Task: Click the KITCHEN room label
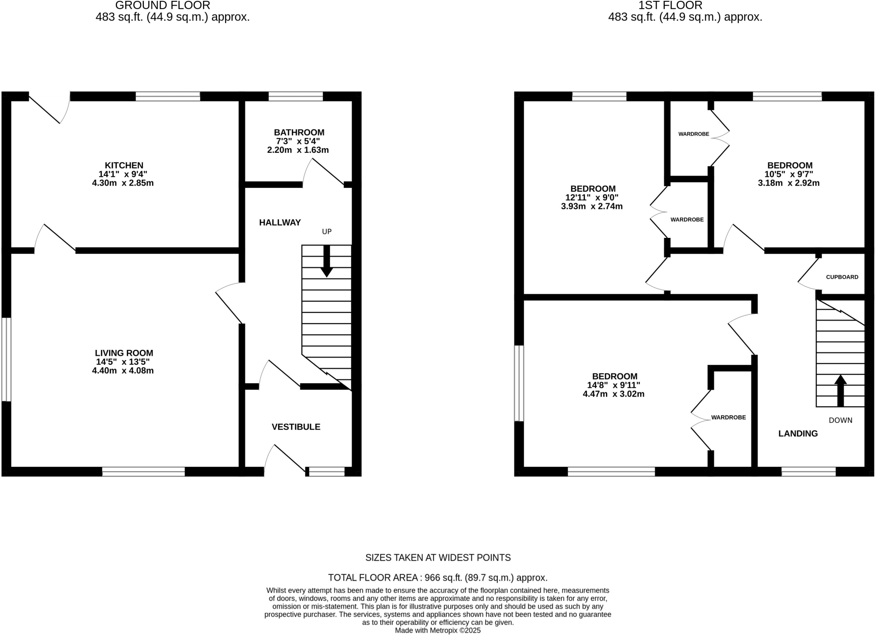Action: (124, 165)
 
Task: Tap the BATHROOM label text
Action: (299, 132)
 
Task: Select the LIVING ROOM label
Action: (124, 353)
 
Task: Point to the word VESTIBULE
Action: (296, 427)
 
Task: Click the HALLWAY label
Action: (280, 222)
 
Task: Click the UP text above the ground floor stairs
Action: (326, 232)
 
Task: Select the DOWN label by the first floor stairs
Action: (840, 420)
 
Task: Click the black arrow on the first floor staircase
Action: (840, 390)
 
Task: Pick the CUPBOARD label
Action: (842, 277)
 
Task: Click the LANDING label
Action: (798, 434)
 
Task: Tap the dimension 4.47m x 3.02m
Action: (613, 394)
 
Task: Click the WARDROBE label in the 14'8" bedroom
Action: (728, 417)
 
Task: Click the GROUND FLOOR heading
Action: (163, 6)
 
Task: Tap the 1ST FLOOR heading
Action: (670, 6)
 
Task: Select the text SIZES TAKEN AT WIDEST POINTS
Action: (437, 557)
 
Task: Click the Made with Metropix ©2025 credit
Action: (437, 630)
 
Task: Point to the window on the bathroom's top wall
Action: (295, 96)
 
